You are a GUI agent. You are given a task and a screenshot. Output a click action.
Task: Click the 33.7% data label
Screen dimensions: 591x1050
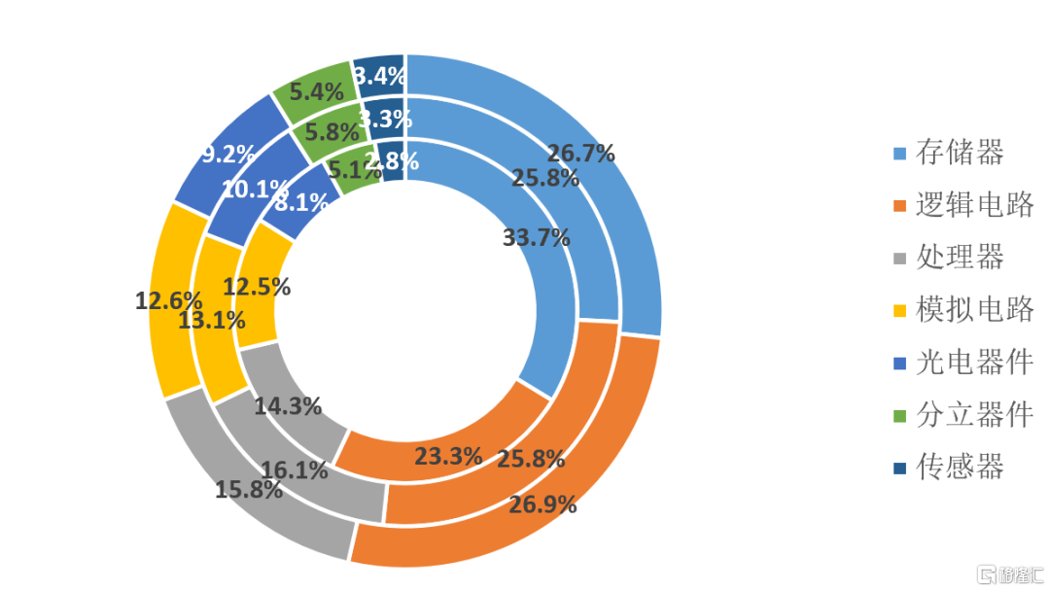536,237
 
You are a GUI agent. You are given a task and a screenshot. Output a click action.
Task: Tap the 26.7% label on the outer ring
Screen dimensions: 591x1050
581,153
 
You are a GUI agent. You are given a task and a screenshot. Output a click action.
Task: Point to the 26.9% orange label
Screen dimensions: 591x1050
542,504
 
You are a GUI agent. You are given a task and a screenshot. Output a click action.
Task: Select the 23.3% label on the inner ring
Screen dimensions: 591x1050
448,455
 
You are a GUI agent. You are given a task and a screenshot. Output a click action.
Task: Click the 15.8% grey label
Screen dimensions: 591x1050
249,488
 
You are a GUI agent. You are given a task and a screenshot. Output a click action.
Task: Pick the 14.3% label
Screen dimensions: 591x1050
288,406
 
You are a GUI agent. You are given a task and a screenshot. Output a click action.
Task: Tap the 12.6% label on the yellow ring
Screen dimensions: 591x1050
168,300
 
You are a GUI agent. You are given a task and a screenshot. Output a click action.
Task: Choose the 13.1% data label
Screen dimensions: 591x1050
212,319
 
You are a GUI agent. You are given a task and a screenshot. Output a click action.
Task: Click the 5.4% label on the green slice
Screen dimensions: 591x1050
317,92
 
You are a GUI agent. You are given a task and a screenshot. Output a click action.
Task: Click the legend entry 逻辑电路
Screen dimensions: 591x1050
974,204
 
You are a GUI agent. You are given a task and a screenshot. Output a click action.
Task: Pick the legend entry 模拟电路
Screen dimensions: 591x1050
974,310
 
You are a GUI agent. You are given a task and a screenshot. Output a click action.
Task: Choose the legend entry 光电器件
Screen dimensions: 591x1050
974,363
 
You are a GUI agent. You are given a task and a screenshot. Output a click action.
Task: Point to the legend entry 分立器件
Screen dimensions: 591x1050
974,415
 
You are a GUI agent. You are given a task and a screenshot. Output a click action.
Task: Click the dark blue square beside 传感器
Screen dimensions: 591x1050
899,469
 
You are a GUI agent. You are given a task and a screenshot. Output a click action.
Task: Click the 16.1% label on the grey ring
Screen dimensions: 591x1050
295,470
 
